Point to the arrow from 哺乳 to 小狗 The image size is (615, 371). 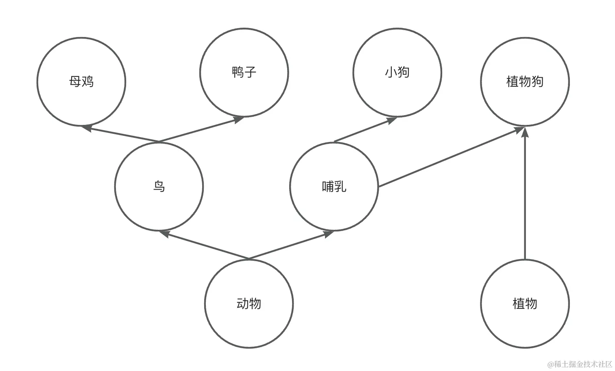coord(365,130)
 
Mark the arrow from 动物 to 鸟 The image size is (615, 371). coord(204,245)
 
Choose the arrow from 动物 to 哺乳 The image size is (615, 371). coord(291,245)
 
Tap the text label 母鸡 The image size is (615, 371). coord(81,82)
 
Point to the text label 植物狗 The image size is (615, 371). coord(525,82)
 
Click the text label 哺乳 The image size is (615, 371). coord(334,187)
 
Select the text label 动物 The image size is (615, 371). coord(249,304)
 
